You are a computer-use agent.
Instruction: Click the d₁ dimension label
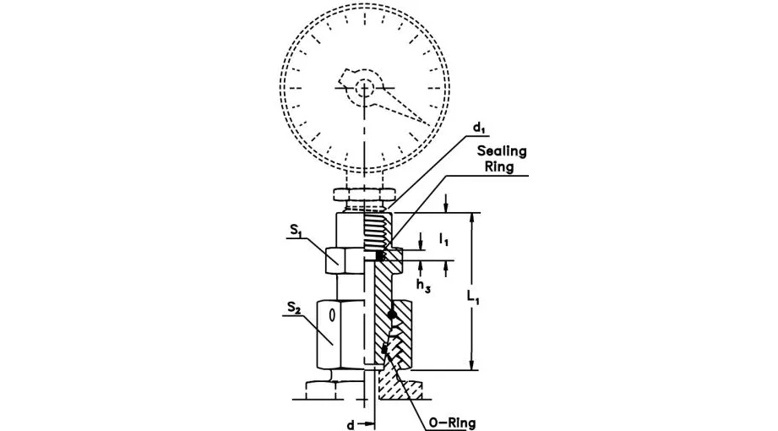[478, 128]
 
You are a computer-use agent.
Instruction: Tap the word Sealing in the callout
[502, 151]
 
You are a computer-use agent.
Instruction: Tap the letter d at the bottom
[349, 423]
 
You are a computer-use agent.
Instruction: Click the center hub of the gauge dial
[364, 87]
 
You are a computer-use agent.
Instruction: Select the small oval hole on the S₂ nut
[333, 314]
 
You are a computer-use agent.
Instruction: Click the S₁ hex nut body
[343, 259]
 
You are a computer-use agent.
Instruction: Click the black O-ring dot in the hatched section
[392, 315]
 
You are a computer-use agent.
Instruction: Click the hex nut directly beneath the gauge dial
[363, 194]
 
